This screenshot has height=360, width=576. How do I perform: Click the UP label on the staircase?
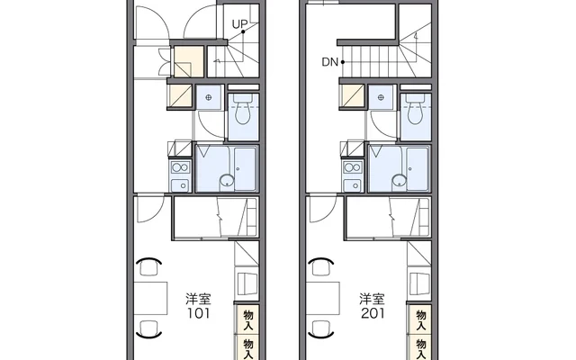tap(239, 24)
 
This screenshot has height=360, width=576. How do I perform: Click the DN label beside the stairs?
tap(329, 62)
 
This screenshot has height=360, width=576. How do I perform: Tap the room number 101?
tap(198, 313)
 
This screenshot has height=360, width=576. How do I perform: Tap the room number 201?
tap(373, 313)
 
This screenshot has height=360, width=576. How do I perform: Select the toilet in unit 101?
tap(242, 109)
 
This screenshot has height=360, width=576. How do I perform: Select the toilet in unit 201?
tap(416, 109)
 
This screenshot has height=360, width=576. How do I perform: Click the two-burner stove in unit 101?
tap(180, 168)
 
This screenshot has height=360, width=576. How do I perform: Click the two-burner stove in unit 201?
tap(353, 168)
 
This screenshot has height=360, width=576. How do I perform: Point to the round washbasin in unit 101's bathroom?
tap(227, 181)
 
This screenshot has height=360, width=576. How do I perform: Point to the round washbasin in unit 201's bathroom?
tap(400, 181)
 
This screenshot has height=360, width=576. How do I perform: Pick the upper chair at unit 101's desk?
tap(148, 266)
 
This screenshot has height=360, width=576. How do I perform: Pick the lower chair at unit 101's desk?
tap(148, 329)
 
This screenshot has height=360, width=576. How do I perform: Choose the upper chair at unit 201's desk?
tap(321, 266)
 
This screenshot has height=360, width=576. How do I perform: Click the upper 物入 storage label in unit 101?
tap(248, 319)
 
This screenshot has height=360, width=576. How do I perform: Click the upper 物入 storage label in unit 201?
tap(420, 319)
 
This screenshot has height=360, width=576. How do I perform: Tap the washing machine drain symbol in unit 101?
tap(209, 97)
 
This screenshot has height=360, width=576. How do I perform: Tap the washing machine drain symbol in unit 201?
tap(382, 97)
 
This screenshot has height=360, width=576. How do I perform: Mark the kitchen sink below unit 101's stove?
tap(181, 185)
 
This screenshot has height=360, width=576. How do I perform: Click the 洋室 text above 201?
tap(372, 299)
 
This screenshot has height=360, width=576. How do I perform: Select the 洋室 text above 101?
tap(198, 299)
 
